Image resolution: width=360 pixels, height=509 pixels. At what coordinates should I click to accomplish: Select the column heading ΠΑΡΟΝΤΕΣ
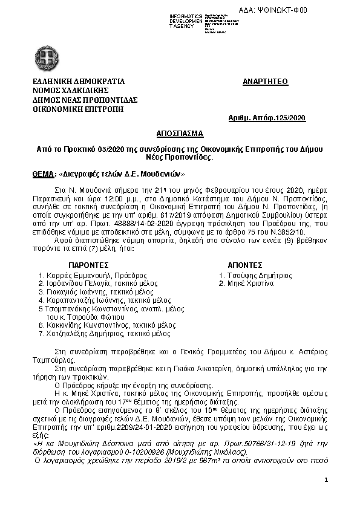tap(88, 265)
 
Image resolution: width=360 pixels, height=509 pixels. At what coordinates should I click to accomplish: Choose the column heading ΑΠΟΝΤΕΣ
tap(244, 265)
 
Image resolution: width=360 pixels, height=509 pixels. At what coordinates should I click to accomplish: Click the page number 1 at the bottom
tap(326, 480)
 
